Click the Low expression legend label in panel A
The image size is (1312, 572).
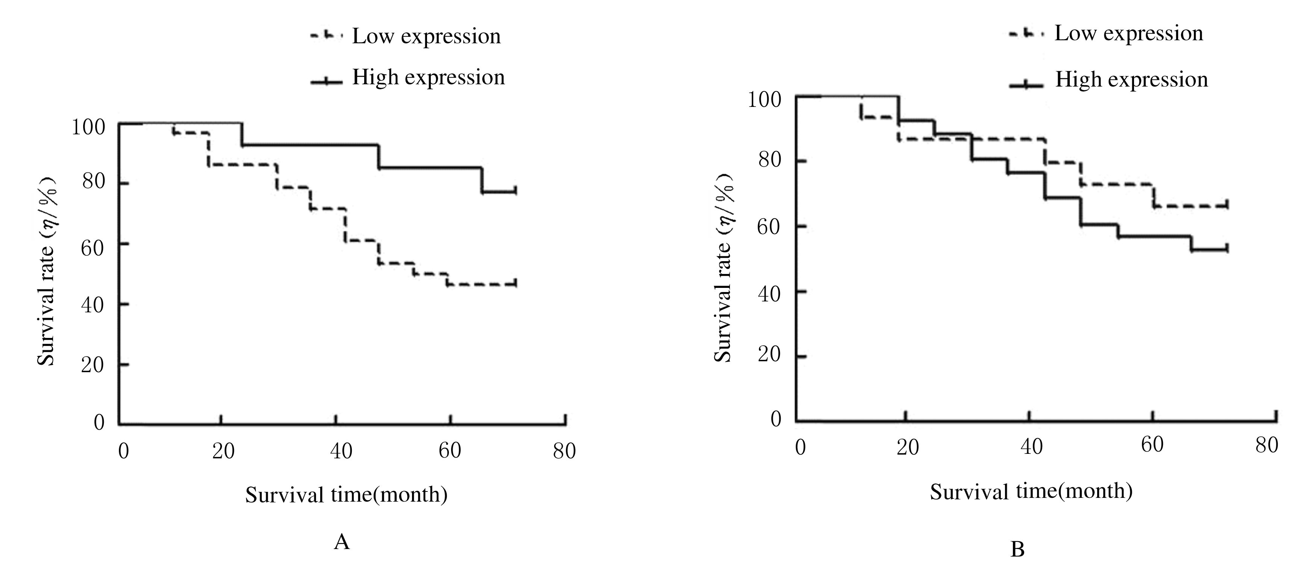point(426,37)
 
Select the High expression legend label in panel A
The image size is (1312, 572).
point(428,78)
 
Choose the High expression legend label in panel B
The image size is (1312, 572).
point(1131,79)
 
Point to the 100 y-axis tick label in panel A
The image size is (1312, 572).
point(88,127)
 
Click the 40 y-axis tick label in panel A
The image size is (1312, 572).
point(92,305)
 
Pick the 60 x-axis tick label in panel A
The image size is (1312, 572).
point(450,450)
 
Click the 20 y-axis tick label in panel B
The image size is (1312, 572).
point(769,354)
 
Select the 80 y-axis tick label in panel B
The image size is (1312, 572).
point(769,160)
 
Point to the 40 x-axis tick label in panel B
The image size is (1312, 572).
point(1031,447)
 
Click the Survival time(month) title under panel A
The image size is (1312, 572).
point(346,494)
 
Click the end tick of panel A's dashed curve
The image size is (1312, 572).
point(515,283)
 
